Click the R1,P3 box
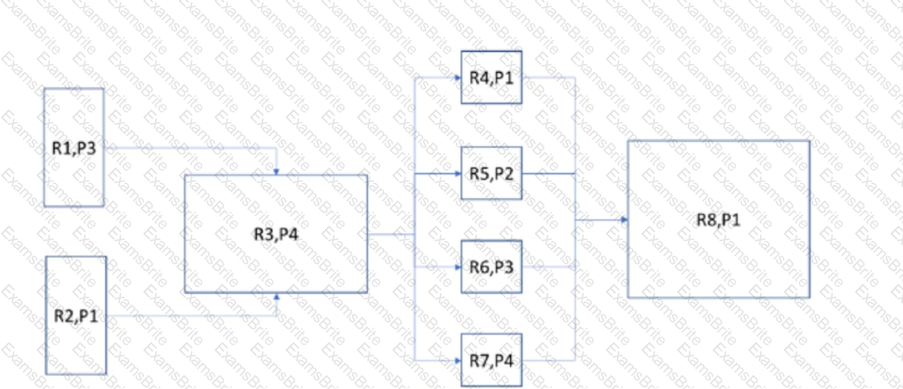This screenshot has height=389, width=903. (74, 147)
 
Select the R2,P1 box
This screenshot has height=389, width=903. (77, 315)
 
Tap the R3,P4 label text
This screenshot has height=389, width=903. (276, 234)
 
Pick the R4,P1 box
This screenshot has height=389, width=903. (491, 77)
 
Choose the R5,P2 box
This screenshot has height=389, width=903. (491, 172)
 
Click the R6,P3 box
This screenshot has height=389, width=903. (491, 267)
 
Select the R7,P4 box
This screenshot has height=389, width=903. (491, 361)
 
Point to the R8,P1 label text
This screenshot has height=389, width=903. (718, 219)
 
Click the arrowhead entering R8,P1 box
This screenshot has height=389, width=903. (624, 219)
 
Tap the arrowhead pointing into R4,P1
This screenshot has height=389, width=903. (457, 77)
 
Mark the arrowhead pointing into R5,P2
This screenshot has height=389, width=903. (457, 172)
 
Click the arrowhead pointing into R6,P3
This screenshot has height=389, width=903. (457, 267)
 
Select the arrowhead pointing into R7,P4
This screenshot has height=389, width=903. (457, 361)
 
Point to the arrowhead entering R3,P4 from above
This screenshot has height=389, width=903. (277, 170)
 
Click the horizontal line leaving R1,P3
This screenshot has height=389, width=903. (190, 148)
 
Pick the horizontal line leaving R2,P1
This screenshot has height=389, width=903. (190, 316)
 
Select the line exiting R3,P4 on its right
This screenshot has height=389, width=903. (391, 234)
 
